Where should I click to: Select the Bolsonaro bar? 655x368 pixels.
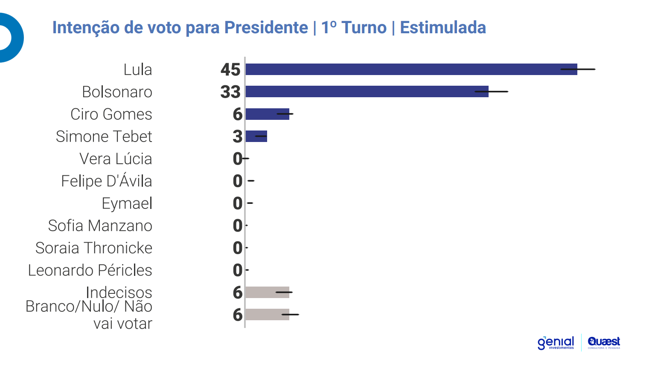tap(367, 91)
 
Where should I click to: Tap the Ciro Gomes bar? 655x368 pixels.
tap(267, 114)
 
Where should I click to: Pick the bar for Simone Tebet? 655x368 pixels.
tap(256, 136)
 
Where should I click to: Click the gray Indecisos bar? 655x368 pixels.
tap(267, 292)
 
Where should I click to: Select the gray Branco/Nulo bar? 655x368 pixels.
tap(267, 314)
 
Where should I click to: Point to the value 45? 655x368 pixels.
tap(230, 70)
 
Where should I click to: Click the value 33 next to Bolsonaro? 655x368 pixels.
tap(230, 92)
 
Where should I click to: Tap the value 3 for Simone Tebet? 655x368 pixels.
tap(237, 136)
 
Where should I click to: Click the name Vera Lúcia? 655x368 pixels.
tap(116, 159)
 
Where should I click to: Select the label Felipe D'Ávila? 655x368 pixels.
tap(107, 181)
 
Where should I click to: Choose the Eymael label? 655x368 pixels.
tap(127, 203)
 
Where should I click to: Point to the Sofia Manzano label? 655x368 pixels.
tap(100, 226)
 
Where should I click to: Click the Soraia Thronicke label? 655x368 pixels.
tap(94, 248)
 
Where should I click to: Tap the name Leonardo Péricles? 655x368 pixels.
tap(90, 270)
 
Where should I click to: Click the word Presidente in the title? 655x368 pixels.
tap(266, 27)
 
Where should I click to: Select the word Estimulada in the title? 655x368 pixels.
tap(443, 27)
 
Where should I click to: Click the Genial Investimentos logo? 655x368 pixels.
tap(556, 342)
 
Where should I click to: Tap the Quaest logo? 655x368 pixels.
tap(604, 342)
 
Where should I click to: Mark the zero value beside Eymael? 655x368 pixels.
tap(237, 203)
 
